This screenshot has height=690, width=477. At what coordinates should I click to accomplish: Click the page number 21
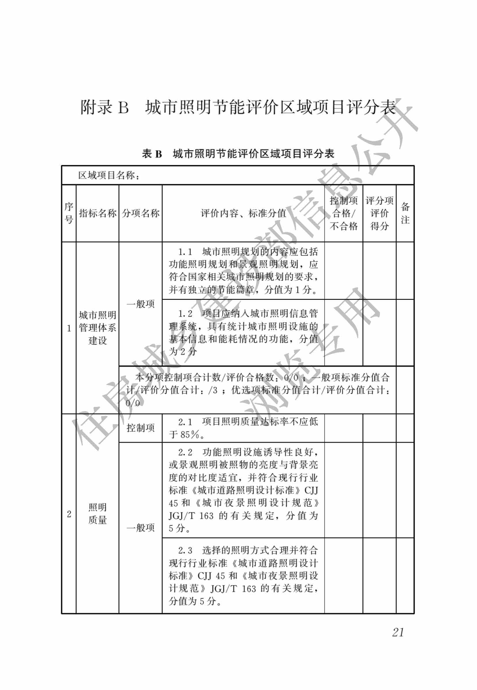[x=398, y=632]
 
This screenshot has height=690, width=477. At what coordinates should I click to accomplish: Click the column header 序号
[x=69, y=213]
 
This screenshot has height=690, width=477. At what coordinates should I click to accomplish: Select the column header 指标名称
[x=97, y=213]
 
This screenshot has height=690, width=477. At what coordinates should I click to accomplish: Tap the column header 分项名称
[x=140, y=213]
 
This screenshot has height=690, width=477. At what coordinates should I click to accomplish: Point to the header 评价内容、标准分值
[x=243, y=213]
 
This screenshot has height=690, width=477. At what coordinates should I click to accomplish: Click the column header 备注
[x=405, y=213]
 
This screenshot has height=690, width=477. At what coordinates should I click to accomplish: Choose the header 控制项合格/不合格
[x=344, y=213]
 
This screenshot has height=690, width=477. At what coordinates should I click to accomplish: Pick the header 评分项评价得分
[x=379, y=213]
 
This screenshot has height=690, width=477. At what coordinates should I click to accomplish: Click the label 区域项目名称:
[x=109, y=176]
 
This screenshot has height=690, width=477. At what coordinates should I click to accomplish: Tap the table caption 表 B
[x=152, y=154]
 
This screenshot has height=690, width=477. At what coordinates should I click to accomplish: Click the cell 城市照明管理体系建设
[x=97, y=328]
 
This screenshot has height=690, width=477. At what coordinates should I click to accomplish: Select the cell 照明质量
[x=97, y=513]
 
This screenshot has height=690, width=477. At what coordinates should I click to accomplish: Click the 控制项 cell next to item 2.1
[x=140, y=428]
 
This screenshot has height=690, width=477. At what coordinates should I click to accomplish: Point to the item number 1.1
[x=185, y=252]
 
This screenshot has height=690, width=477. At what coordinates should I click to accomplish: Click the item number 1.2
[x=185, y=314]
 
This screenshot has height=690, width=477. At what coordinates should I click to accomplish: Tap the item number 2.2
[x=185, y=452]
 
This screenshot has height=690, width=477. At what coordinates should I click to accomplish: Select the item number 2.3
[x=185, y=550]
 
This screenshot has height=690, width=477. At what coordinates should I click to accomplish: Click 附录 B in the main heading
[x=105, y=107]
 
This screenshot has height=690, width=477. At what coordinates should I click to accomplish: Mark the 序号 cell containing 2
[x=69, y=514]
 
